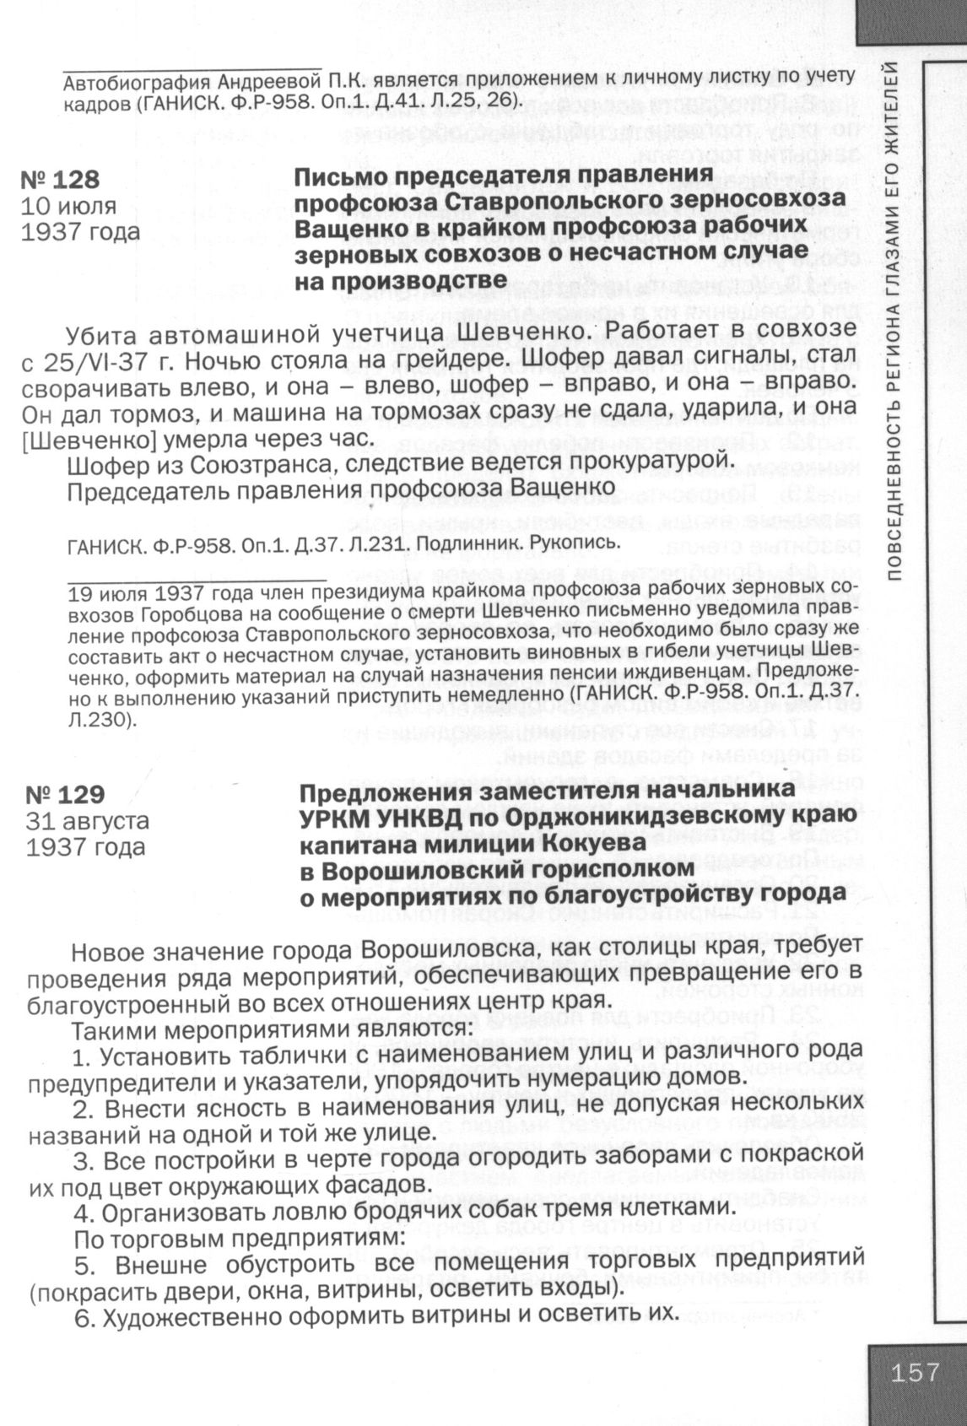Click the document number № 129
[65, 795]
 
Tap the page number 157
[914, 1371]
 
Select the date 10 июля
[68, 205]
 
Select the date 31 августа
[88, 820]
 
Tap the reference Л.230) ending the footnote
[100, 721]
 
